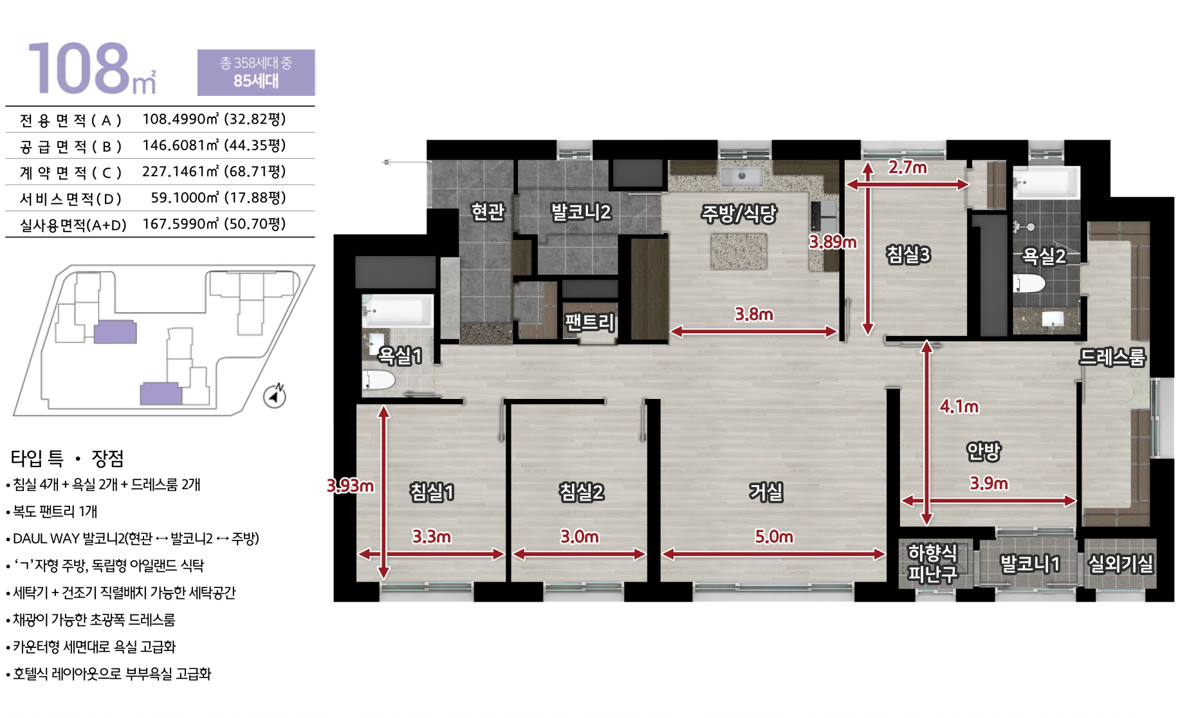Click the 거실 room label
(766, 492)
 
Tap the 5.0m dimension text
(774, 537)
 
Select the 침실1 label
(432, 492)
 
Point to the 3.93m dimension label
(350, 485)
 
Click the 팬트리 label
(590, 322)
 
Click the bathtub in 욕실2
(1046, 183)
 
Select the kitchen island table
(739, 251)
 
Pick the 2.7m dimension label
(908, 167)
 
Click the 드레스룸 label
(1112, 357)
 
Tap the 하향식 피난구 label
(932, 563)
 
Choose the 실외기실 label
(1120, 564)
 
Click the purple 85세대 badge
(256, 72)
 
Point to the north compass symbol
(275, 396)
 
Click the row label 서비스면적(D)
(71, 198)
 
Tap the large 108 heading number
(78, 68)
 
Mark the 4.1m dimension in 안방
(959, 407)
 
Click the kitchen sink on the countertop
(741, 176)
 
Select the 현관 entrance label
(488, 212)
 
